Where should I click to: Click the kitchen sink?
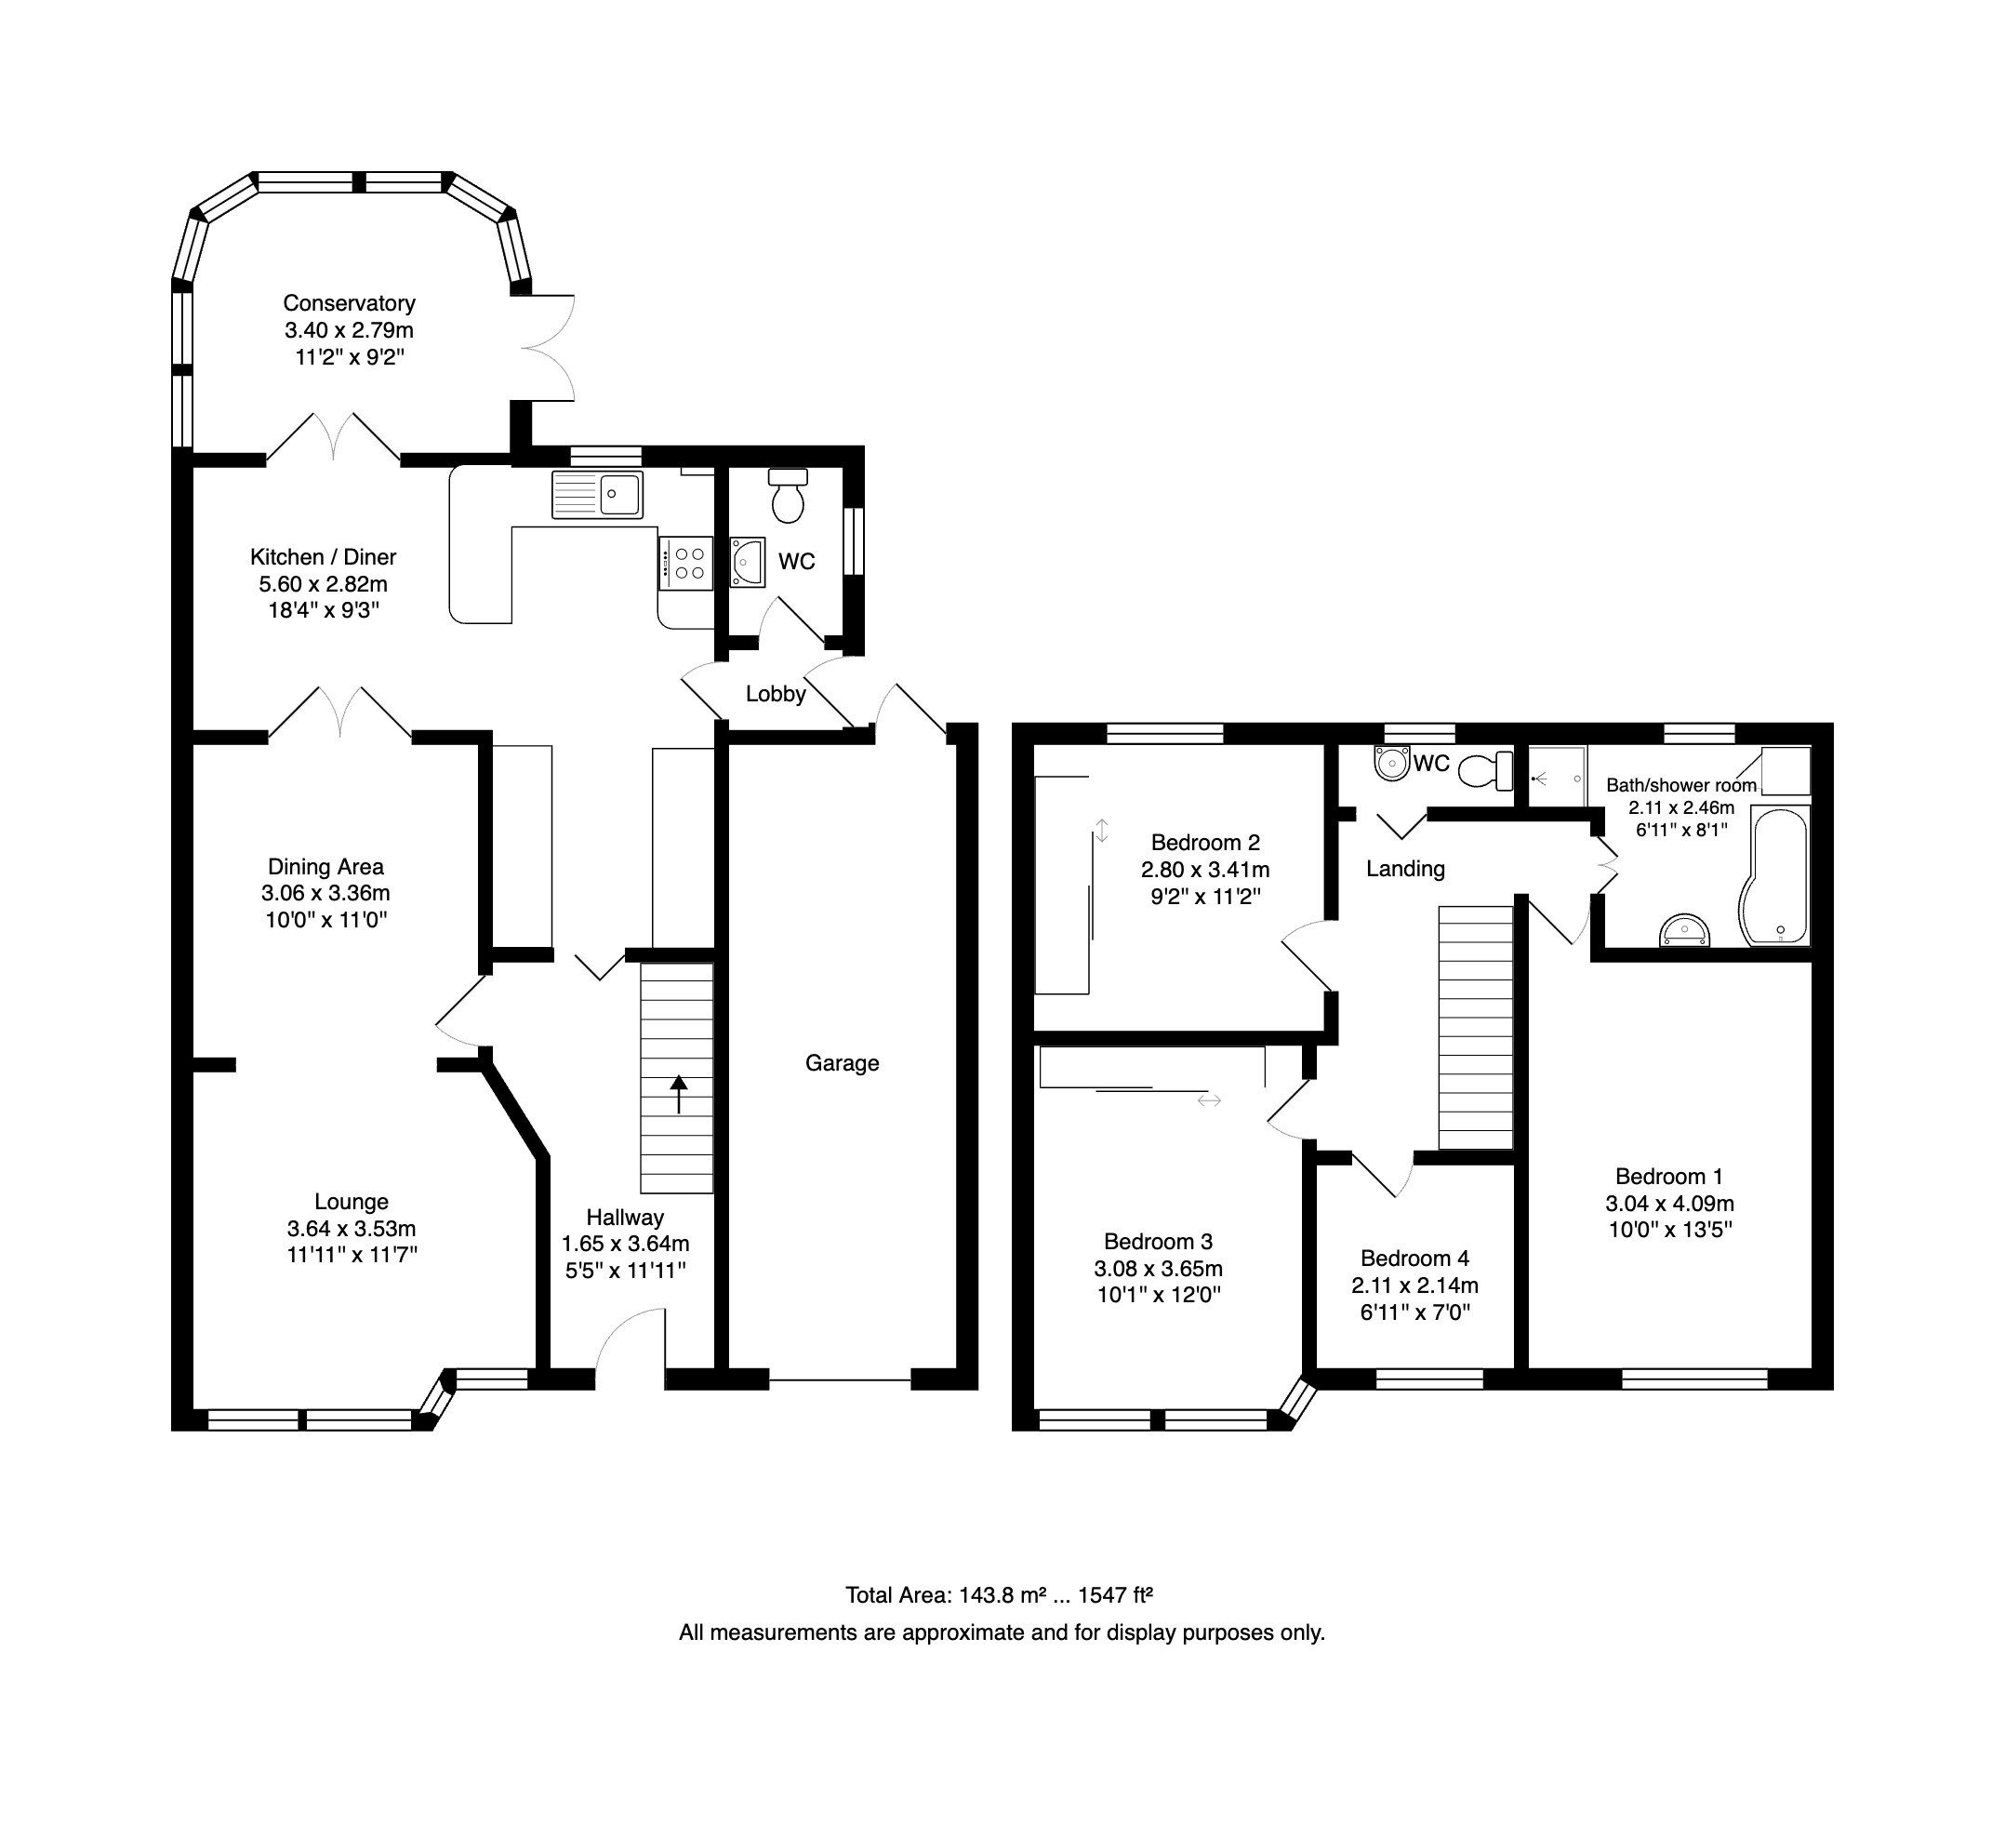click(x=598, y=494)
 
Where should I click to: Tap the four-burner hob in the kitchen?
click(x=685, y=564)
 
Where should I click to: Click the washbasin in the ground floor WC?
click(x=748, y=562)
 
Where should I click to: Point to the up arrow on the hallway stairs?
click(x=678, y=1094)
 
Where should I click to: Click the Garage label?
click(x=843, y=1063)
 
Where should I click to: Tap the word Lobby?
click(x=776, y=694)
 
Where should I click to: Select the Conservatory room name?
click(x=349, y=303)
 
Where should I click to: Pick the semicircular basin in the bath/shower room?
click(x=1685, y=931)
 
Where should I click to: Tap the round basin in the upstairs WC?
click(x=1392, y=762)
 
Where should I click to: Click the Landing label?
click(x=1405, y=869)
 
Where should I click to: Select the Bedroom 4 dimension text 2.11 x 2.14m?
click(x=1415, y=1285)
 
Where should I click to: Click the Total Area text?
click(x=1000, y=1595)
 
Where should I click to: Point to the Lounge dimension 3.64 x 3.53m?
click(x=352, y=1228)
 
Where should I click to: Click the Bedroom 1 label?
click(x=1670, y=1177)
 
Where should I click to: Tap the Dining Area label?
click(x=325, y=867)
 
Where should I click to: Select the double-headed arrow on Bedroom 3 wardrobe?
click(x=1209, y=1100)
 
